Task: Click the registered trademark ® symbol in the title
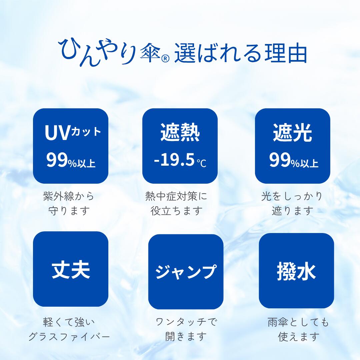pos(165,59)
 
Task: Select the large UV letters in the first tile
pos(57,133)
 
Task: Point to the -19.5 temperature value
pos(174,160)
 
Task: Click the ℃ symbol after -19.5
pos(202,163)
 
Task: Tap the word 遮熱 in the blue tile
pos(180,132)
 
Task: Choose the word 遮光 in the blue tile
pos(293,132)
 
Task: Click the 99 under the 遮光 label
pos(280,160)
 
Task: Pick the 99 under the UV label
pos(57,160)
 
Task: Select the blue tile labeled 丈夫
pos(71,269)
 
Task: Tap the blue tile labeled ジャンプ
pos(186,272)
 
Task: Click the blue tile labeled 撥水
pos(296,271)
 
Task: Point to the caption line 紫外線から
pos(69,196)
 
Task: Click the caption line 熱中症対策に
pos(176,196)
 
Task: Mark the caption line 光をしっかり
pos(292,196)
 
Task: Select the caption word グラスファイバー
pos(69,337)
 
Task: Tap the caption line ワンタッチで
pos(186,322)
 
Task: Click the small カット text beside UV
pos(86,132)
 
